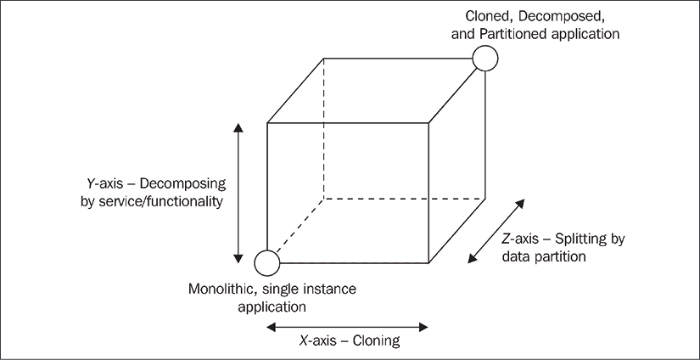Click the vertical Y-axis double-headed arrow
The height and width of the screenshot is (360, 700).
click(238, 192)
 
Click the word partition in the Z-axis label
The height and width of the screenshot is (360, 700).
click(561, 255)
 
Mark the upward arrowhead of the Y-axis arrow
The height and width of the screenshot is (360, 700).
click(238, 127)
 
